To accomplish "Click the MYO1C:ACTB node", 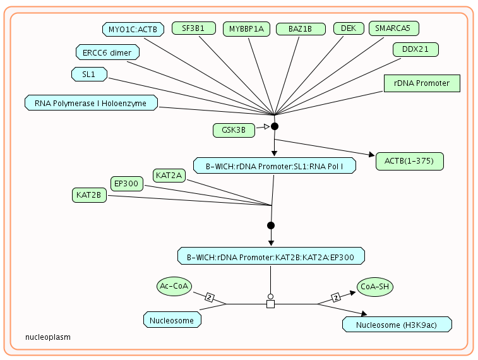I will [133, 29].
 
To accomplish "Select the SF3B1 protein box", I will [193, 28].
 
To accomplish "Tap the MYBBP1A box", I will [246, 29].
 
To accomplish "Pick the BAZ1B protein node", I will [301, 29].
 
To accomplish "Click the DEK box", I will [349, 28].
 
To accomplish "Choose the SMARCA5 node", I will [393, 28].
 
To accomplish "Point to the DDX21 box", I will [415, 49].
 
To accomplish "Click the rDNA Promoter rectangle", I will [422, 83].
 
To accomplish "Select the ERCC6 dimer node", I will [107, 52].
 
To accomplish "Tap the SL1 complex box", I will [89, 75].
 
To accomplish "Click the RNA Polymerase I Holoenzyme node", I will [91, 102].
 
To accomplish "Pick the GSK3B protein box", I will [234, 131].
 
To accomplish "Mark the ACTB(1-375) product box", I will [409, 161].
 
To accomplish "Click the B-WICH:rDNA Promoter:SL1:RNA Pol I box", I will [274, 166].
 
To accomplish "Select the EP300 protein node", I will [127, 184].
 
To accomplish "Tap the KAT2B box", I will [90, 196].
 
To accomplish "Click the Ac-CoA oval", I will [174, 287].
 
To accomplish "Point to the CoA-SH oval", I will [375, 287].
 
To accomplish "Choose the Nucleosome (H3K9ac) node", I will [398, 325].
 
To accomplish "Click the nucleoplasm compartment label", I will [48, 337].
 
